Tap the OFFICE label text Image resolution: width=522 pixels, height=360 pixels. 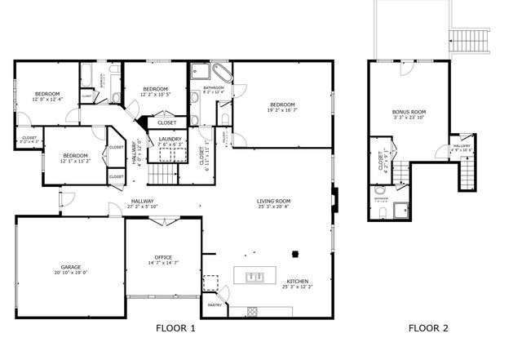click(162, 257)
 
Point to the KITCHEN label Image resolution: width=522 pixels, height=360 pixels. click(298, 282)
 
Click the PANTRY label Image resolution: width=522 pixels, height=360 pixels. click(215, 305)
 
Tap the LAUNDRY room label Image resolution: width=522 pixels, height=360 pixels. click(170, 140)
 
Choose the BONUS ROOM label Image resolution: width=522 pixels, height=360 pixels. click(409, 112)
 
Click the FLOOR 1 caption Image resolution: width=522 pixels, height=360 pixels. click(176, 328)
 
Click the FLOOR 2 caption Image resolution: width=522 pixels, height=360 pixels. click(428, 328)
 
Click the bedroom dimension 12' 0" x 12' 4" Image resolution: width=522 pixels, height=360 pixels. click(46, 100)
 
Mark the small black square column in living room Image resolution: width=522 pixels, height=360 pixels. click(298, 251)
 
